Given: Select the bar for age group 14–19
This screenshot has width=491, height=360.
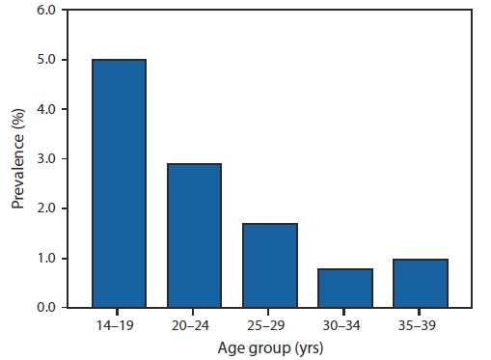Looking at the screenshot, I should (119, 183).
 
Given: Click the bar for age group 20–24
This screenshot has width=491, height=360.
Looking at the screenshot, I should (194, 235).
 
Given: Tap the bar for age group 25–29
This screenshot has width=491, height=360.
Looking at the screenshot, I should (270, 265).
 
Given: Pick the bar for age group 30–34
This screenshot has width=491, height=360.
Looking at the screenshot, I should (345, 288).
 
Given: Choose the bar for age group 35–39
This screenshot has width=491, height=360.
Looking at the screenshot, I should (422, 283).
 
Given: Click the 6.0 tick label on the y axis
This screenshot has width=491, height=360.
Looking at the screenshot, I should (46, 11).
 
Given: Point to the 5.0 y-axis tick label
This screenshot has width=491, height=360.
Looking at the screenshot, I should (46, 60).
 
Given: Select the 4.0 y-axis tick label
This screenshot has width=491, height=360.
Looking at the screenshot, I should (46, 109).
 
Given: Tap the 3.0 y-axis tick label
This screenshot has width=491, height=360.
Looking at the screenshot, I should (46, 159).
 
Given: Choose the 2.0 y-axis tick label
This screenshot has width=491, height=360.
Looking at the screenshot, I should (46, 208).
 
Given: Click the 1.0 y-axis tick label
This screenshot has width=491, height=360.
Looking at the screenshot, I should (46, 259).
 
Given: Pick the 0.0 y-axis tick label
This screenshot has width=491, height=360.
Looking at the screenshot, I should (46, 308).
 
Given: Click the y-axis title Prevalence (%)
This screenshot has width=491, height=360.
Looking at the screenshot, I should (17, 159).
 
